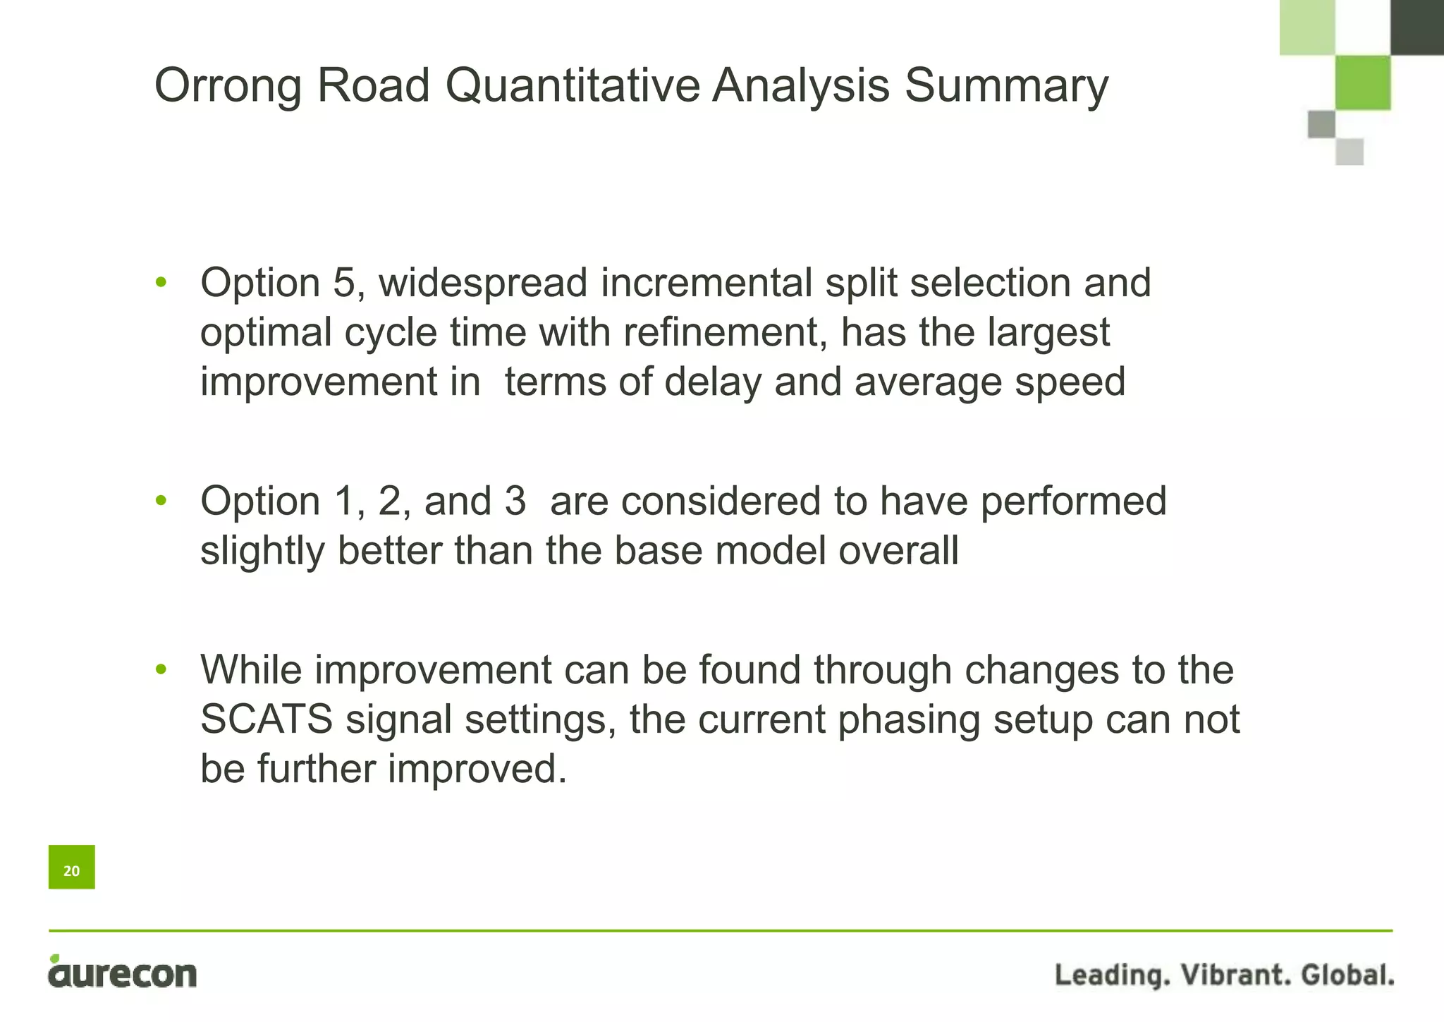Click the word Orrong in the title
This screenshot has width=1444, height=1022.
coord(228,86)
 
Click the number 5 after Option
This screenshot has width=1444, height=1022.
coord(345,283)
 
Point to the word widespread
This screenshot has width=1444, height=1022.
coord(483,283)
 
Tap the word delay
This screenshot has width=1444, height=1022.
coord(713,382)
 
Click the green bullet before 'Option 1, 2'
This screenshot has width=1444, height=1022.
coord(161,501)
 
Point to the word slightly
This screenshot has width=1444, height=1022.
coord(262,552)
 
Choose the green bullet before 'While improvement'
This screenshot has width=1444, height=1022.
coord(161,669)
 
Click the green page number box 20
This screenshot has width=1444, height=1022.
coord(71,867)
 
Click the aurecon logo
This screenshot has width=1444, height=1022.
coord(123,974)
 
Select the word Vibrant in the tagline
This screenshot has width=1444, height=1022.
coord(1234,975)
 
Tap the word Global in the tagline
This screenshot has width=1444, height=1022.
coord(1347,975)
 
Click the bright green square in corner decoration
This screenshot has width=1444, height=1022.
coord(1363,83)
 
